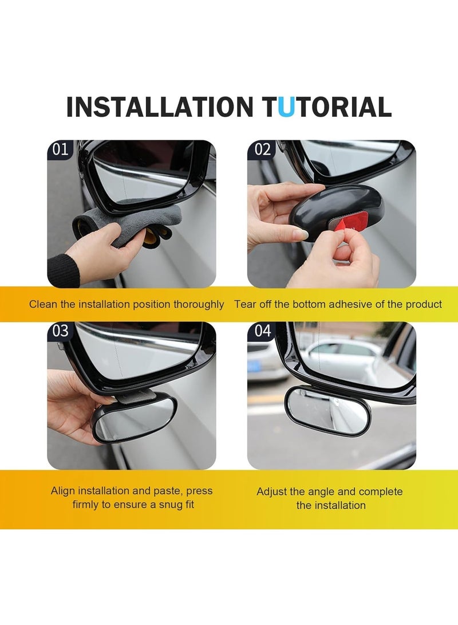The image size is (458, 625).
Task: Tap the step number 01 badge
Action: (60, 150)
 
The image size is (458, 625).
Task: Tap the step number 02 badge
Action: (262, 150)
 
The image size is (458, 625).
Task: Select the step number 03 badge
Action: (60, 331)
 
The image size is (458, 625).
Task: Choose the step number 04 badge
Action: (262, 331)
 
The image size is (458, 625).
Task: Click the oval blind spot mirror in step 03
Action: (134, 419)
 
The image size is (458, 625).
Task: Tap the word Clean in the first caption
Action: (44, 304)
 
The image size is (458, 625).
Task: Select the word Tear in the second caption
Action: (244, 304)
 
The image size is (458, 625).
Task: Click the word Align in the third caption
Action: (63, 491)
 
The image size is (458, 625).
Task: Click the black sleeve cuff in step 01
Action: (63, 270)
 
